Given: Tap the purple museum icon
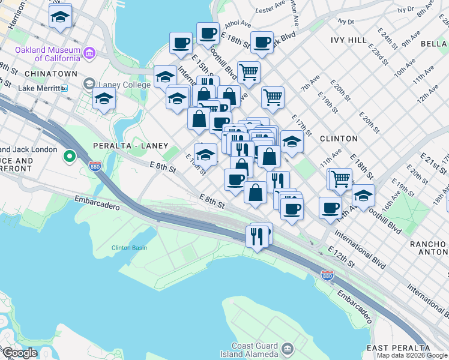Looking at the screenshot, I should click(x=90, y=53).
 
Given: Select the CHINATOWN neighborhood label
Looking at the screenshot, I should click(x=51, y=73).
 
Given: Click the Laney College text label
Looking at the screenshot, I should click(x=123, y=85).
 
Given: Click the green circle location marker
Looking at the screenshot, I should click(x=70, y=157).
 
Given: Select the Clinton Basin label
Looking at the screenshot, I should click(x=129, y=247).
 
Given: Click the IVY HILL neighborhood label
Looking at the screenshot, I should click(x=348, y=40).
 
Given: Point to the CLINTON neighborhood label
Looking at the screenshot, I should click(x=339, y=138).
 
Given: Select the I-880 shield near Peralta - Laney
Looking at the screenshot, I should click(x=94, y=166).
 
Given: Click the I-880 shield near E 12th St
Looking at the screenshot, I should click(x=327, y=275).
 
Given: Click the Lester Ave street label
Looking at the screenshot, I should click(x=270, y=10).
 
